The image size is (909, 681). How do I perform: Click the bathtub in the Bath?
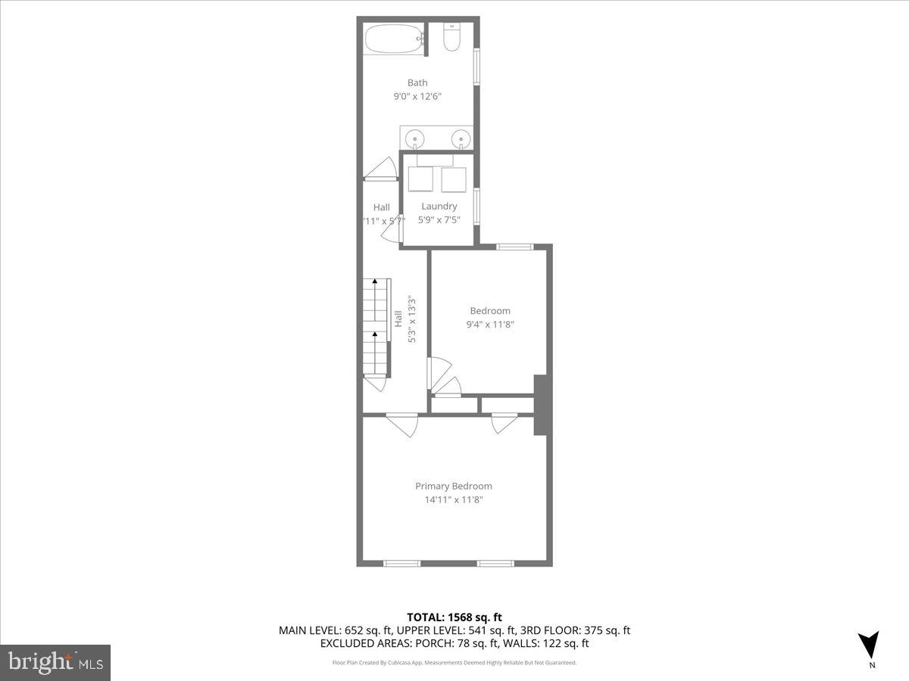coord(394,39)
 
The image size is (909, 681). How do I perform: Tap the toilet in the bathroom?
coord(451,39)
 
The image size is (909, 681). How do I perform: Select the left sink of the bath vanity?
coord(415,139)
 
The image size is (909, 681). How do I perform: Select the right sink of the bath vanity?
coord(459,139)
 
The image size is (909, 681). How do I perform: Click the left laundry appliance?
coord(420,179)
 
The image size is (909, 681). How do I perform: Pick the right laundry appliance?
coord(454,180)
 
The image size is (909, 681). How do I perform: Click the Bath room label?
coord(417,82)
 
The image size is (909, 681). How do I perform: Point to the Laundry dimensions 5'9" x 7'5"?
coord(439,220)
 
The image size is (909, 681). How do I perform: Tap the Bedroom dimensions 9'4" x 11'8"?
coord(490,324)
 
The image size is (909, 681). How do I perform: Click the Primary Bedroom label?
coord(453,486)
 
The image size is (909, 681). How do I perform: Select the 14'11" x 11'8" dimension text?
coord(453,499)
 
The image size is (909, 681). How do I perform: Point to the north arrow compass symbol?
coord(870,645)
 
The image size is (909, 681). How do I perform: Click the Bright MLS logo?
coord(55,662)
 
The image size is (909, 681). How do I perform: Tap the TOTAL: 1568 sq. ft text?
coord(454,617)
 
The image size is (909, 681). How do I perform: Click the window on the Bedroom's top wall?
coord(515,246)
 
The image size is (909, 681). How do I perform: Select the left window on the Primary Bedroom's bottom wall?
coord(401,563)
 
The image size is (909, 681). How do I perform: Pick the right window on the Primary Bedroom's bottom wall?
coord(495,563)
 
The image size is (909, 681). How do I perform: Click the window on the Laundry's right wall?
coord(476,206)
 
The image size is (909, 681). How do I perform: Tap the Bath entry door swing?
coord(382,169)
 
